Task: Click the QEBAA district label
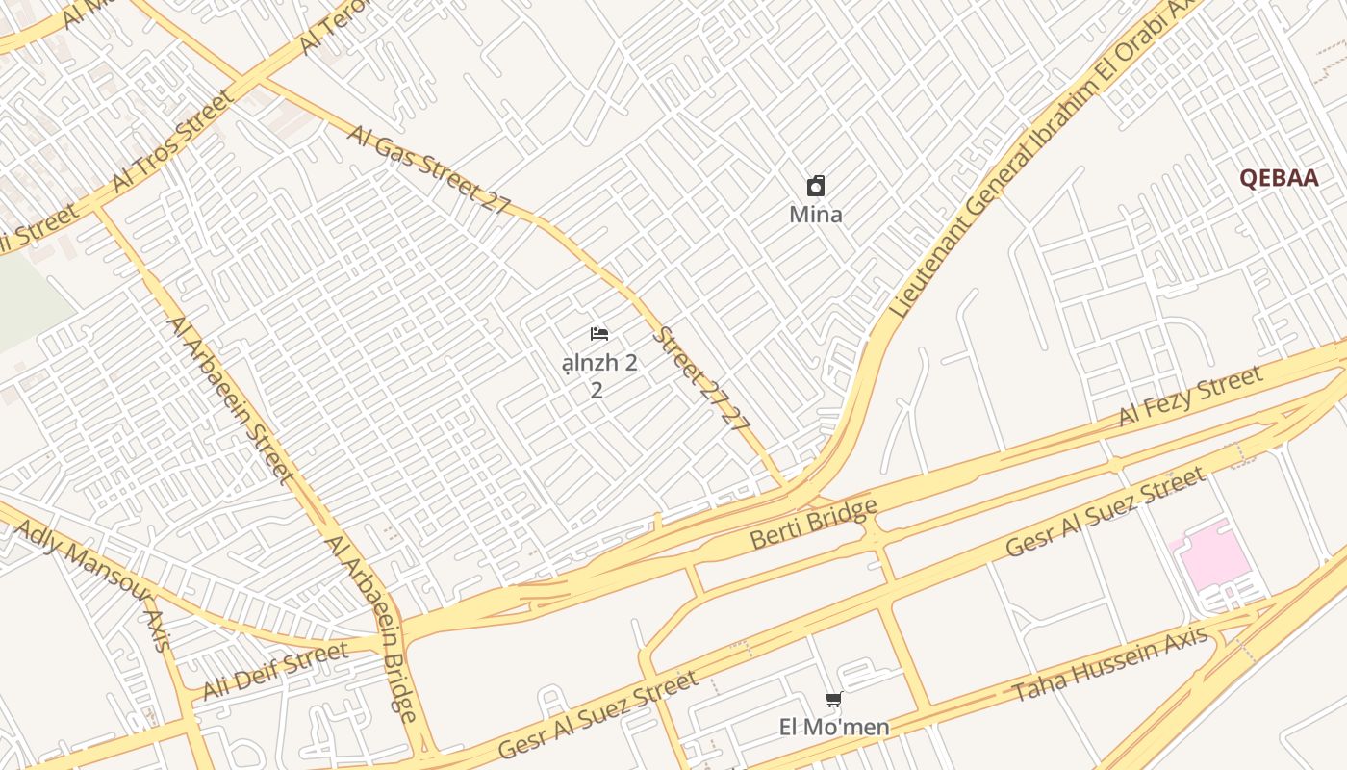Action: tap(1278, 178)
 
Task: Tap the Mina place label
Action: tap(815, 215)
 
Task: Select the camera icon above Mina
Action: tap(816, 186)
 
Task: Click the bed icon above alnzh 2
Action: tap(599, 334)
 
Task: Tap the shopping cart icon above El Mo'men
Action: tap(833, 700)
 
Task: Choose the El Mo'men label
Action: tap(833, 727)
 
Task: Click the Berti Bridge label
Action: tap(814, 524)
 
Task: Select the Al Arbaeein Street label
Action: tap(231, 398)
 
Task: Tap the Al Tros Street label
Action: tap(172, 141)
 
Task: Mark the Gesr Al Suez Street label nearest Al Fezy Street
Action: tap(1105, 512)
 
